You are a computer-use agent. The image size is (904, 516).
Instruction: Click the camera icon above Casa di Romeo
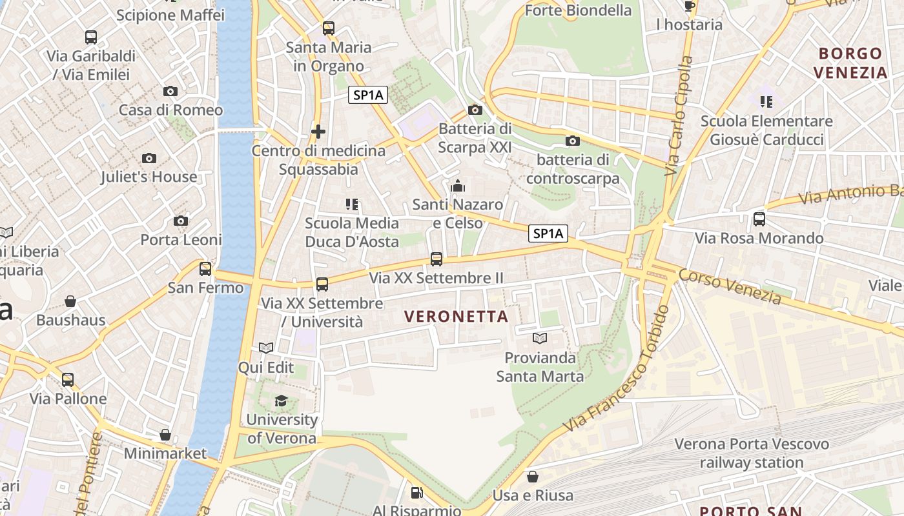170,92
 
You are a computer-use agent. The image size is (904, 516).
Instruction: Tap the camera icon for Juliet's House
149,158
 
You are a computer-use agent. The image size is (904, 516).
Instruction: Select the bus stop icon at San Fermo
205,269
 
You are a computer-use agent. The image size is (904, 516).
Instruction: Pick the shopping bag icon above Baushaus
70,301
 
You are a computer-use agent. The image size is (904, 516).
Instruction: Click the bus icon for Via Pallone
68,380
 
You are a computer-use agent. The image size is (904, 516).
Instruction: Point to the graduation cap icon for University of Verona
281,401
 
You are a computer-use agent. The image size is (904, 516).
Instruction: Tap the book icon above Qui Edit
266,348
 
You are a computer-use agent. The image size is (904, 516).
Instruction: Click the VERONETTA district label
456,317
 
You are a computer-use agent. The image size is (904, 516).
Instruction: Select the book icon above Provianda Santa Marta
540,338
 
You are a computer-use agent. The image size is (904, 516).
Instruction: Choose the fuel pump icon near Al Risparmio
417,493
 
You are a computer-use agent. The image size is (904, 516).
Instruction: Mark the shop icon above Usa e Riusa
533,477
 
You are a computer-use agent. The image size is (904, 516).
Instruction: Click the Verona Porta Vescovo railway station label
752,453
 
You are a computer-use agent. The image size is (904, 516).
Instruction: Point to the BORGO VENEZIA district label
851,63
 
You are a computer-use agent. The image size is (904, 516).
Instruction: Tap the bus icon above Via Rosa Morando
759,219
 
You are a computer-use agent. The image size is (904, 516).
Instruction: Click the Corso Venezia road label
730,286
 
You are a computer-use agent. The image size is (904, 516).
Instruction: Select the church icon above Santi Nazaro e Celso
458,186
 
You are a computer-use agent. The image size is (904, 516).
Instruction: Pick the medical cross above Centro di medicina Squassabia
318,132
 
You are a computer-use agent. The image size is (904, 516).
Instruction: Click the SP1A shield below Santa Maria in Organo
368,95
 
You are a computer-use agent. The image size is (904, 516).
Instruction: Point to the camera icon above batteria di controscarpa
572,141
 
